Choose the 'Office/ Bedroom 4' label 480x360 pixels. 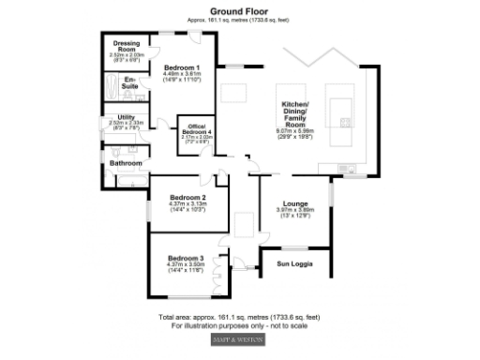pyautogui.click(x=197, y=129)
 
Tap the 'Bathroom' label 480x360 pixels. pyautogui.click(x=126, y=163)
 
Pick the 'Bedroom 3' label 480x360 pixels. pyautogui.click(x=186, y=258)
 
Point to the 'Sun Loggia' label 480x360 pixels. pyautogui.click(x=295, y=264)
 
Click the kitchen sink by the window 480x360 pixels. pyautogui.click(x=354, y=169)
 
